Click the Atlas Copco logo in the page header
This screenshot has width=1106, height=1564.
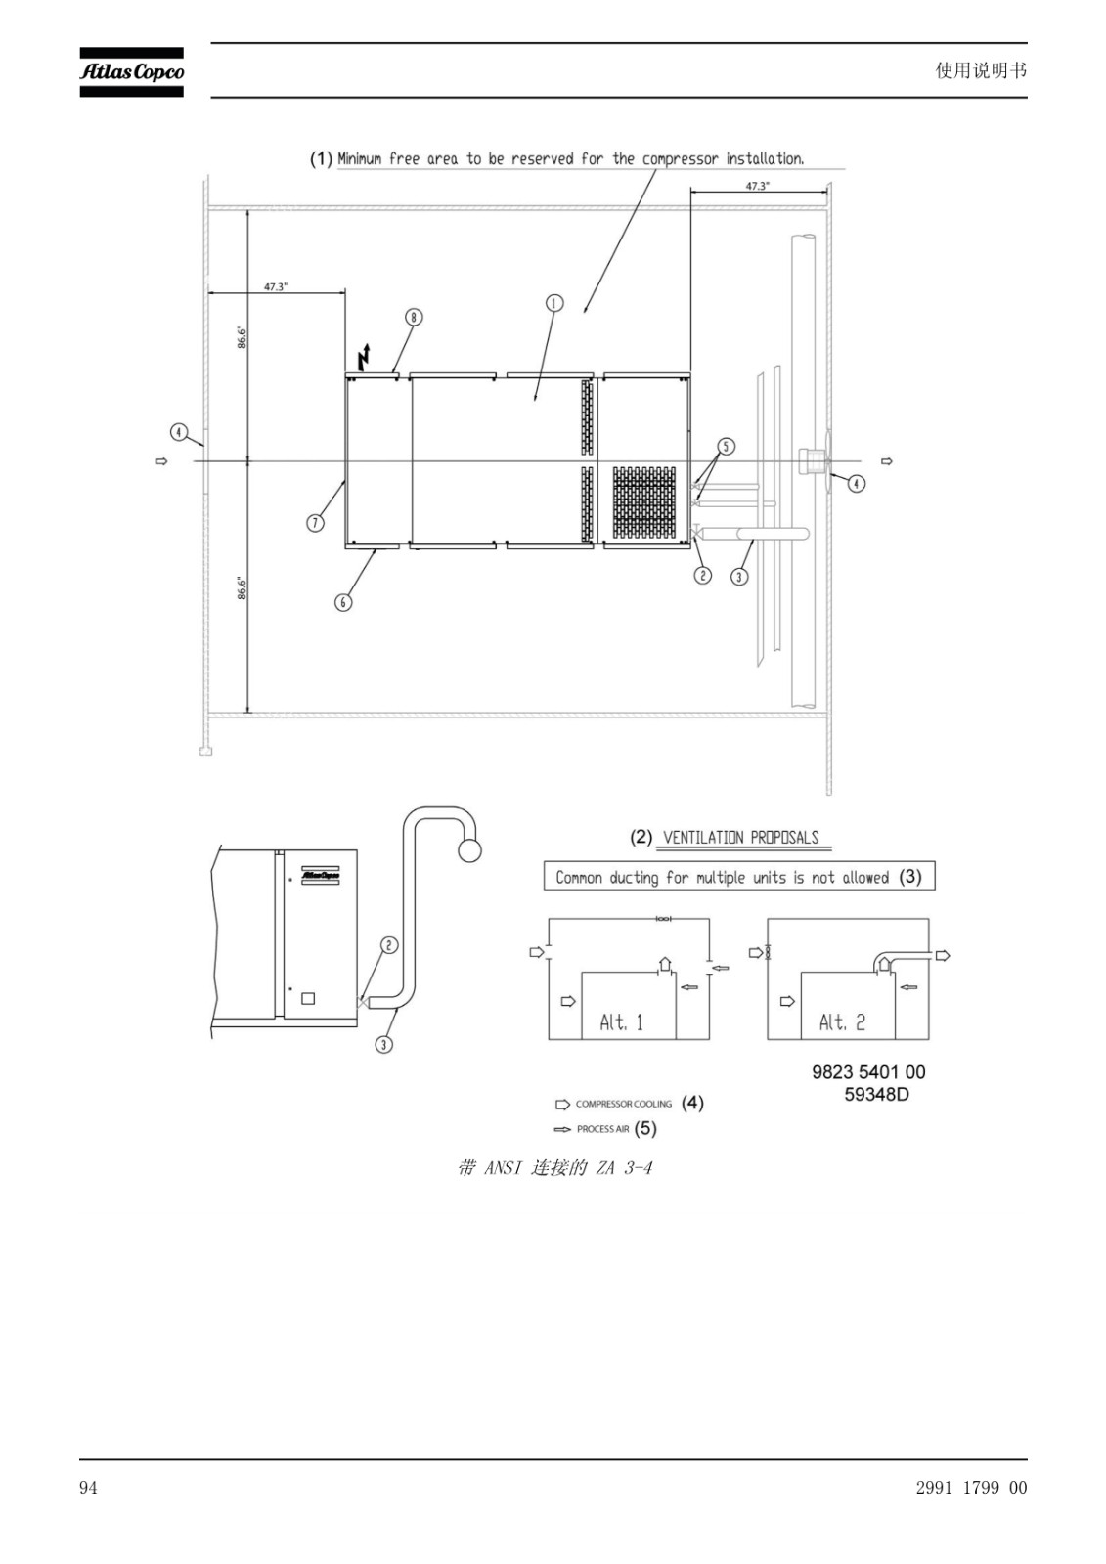[131, 72]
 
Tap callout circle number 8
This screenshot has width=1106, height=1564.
[414, 317]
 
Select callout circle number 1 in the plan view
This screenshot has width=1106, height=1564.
[554, 303]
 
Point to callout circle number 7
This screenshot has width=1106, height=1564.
[315, 522]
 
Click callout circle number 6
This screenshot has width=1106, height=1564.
[343, 602]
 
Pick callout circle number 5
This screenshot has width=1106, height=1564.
[726, 446]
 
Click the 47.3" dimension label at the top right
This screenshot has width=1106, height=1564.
[757, 186]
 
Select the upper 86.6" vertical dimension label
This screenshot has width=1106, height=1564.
[242, 336]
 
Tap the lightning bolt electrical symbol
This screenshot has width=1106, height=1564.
[364, 357]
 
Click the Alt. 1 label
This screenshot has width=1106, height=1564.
[621, 1022]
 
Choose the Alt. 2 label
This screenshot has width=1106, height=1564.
[842, 1022]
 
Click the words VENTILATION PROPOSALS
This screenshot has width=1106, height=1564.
[740, 837]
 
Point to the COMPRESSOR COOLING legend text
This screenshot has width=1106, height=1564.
[623, 1104]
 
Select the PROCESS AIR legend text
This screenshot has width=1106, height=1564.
[603, 1129]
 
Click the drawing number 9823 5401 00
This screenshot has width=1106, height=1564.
[868, 1071]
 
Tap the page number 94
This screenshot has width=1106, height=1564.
[88, 1488]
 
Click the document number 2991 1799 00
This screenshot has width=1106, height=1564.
[971, 1488]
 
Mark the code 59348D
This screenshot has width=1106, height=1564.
[877, 1094]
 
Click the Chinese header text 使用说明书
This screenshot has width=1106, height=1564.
[981, 70]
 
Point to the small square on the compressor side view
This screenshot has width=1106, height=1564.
[307, 998]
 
